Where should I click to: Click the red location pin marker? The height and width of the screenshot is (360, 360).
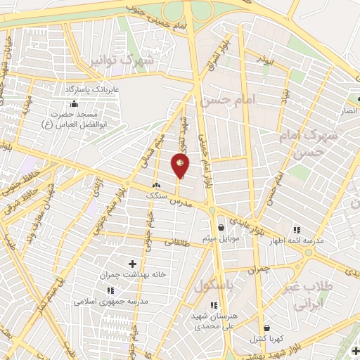[x=180, y=166]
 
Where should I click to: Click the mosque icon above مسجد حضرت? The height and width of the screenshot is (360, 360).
[x=75, y=103]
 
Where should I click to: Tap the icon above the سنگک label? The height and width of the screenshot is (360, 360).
[x=156, y=185]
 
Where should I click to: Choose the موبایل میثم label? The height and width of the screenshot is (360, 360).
[x=221, y=238]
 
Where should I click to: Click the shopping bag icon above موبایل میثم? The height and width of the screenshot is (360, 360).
[x=221, y=227]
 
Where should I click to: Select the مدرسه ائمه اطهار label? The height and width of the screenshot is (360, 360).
[x=297, y=240]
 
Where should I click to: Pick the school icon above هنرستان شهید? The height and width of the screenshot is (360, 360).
[x=214, y=304]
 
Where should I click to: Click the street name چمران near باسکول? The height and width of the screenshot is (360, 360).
[x=258, y=269]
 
